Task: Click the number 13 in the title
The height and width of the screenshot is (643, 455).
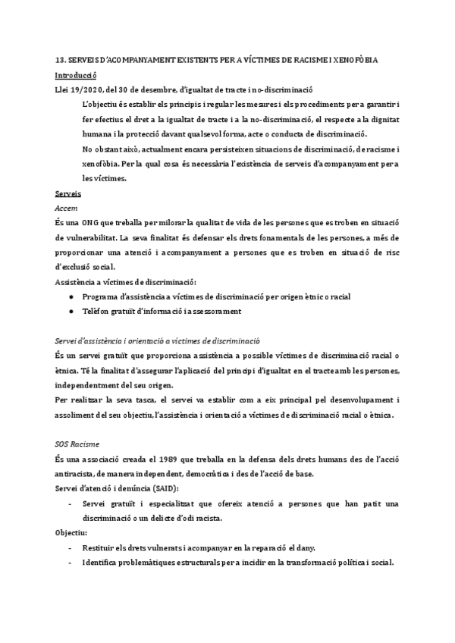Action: tap(60, 60)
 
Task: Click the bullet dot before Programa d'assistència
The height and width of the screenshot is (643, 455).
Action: tap(71, 297)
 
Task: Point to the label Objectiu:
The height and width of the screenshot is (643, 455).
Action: tap(72, 533)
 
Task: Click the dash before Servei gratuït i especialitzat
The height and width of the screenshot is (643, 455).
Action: tap(71, 504)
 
